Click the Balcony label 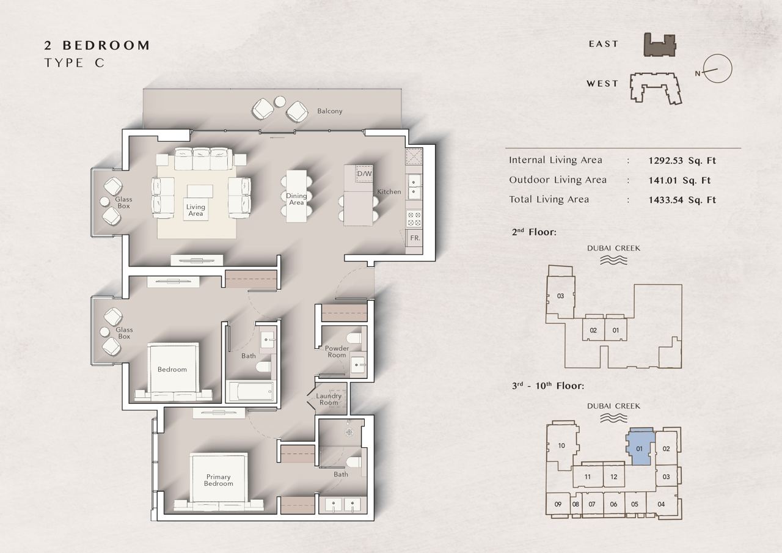[x=329, y=111]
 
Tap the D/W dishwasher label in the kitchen [x=364, y=174]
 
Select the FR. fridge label [x=415, y=238]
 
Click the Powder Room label [x=337, y=351]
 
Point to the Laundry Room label [x=329, y=399]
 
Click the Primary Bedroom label [x=218, y=480]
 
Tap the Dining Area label [x=296, y=199]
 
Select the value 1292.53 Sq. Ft [x=682, y=161]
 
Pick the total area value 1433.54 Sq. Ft [x=682, y=200]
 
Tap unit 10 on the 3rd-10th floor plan [x=561, y=445]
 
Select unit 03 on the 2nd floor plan [x=560, y=296]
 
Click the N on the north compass [x=698, y=74]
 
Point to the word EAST [x=603, y=44]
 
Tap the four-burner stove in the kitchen [x=414, y=219]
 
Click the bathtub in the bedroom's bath [x=250, y=391]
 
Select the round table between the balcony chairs [x=280, y=101]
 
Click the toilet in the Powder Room [x=354, y=338]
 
